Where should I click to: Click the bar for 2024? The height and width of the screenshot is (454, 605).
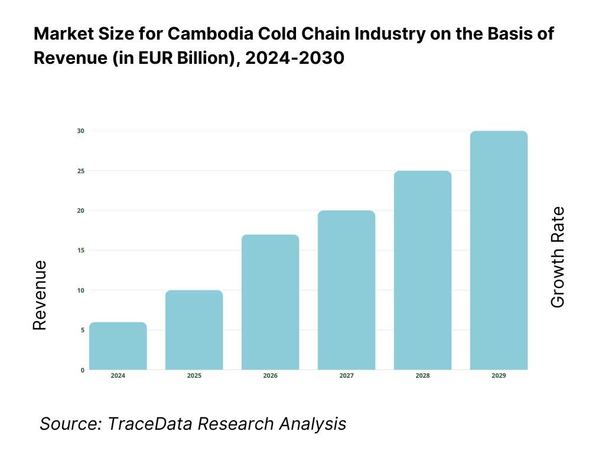118,346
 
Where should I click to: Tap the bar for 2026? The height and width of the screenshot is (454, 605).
270,302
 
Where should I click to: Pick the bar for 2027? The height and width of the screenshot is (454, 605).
346,290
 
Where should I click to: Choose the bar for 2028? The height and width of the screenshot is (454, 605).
422,270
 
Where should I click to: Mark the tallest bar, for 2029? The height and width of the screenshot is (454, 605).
499,251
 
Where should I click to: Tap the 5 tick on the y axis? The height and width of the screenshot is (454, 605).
82,330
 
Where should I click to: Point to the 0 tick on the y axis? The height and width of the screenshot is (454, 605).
82,370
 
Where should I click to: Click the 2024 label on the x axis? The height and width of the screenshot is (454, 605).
118,376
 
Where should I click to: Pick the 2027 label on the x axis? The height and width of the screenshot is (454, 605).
346,376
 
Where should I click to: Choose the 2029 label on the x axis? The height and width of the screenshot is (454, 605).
499,376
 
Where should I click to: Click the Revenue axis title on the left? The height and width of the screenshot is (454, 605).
39,295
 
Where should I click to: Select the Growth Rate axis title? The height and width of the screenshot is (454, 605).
557,257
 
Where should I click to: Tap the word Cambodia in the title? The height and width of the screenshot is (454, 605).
196,34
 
